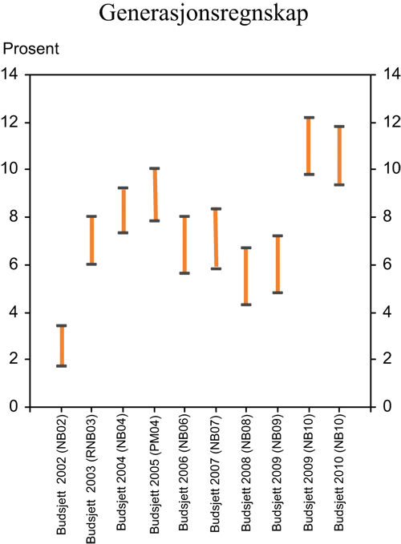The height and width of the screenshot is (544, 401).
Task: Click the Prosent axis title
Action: (x=31, y=50)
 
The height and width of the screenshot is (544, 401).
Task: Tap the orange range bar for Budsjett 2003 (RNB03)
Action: (x=91, y=240)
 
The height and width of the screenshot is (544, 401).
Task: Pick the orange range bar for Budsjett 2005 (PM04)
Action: (x=154, y=195)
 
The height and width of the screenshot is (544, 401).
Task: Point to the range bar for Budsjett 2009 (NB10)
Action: (x=308, y=146)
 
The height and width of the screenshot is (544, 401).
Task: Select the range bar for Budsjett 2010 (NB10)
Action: (x=338, y=155)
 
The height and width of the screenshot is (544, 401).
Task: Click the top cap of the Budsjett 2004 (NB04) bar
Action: (x=124, y=187)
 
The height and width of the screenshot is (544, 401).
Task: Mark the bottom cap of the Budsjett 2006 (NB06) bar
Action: (x=184, y=273)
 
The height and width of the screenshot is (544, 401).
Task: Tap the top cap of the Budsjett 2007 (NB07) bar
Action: (x=216, y=208)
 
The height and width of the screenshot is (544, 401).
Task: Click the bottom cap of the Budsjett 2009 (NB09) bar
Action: (x=277, y=292)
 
